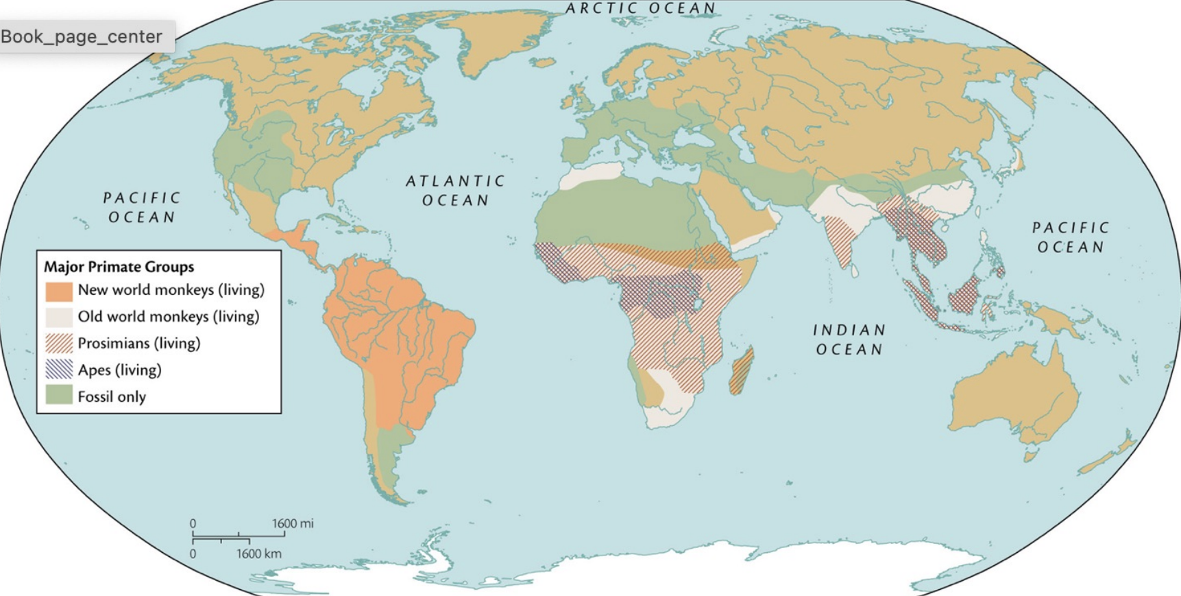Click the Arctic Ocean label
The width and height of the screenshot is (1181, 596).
(640, 8)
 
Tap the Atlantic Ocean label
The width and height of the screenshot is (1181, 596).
(455, 191)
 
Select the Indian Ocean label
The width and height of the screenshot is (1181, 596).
(849, 339)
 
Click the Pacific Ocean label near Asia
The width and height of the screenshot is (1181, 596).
(1070, 237)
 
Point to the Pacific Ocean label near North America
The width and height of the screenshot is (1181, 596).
(142, 207)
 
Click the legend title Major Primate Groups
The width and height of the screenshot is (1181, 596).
(119, 267)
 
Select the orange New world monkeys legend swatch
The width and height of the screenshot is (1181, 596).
(59, 291)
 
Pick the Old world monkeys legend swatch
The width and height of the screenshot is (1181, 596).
(59, 317)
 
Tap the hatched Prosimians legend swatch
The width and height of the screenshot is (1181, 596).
(59, 343)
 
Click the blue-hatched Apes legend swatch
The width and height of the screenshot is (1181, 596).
(59, 370)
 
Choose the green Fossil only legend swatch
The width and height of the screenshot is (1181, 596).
(59, 396)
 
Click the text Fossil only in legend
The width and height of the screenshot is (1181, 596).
(112, 396)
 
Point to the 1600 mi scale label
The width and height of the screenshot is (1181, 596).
(292, 523)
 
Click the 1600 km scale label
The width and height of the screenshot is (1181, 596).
(258, 553)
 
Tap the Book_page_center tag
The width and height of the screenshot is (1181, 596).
(82, 36)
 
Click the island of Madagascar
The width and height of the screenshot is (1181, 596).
(742, 370)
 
